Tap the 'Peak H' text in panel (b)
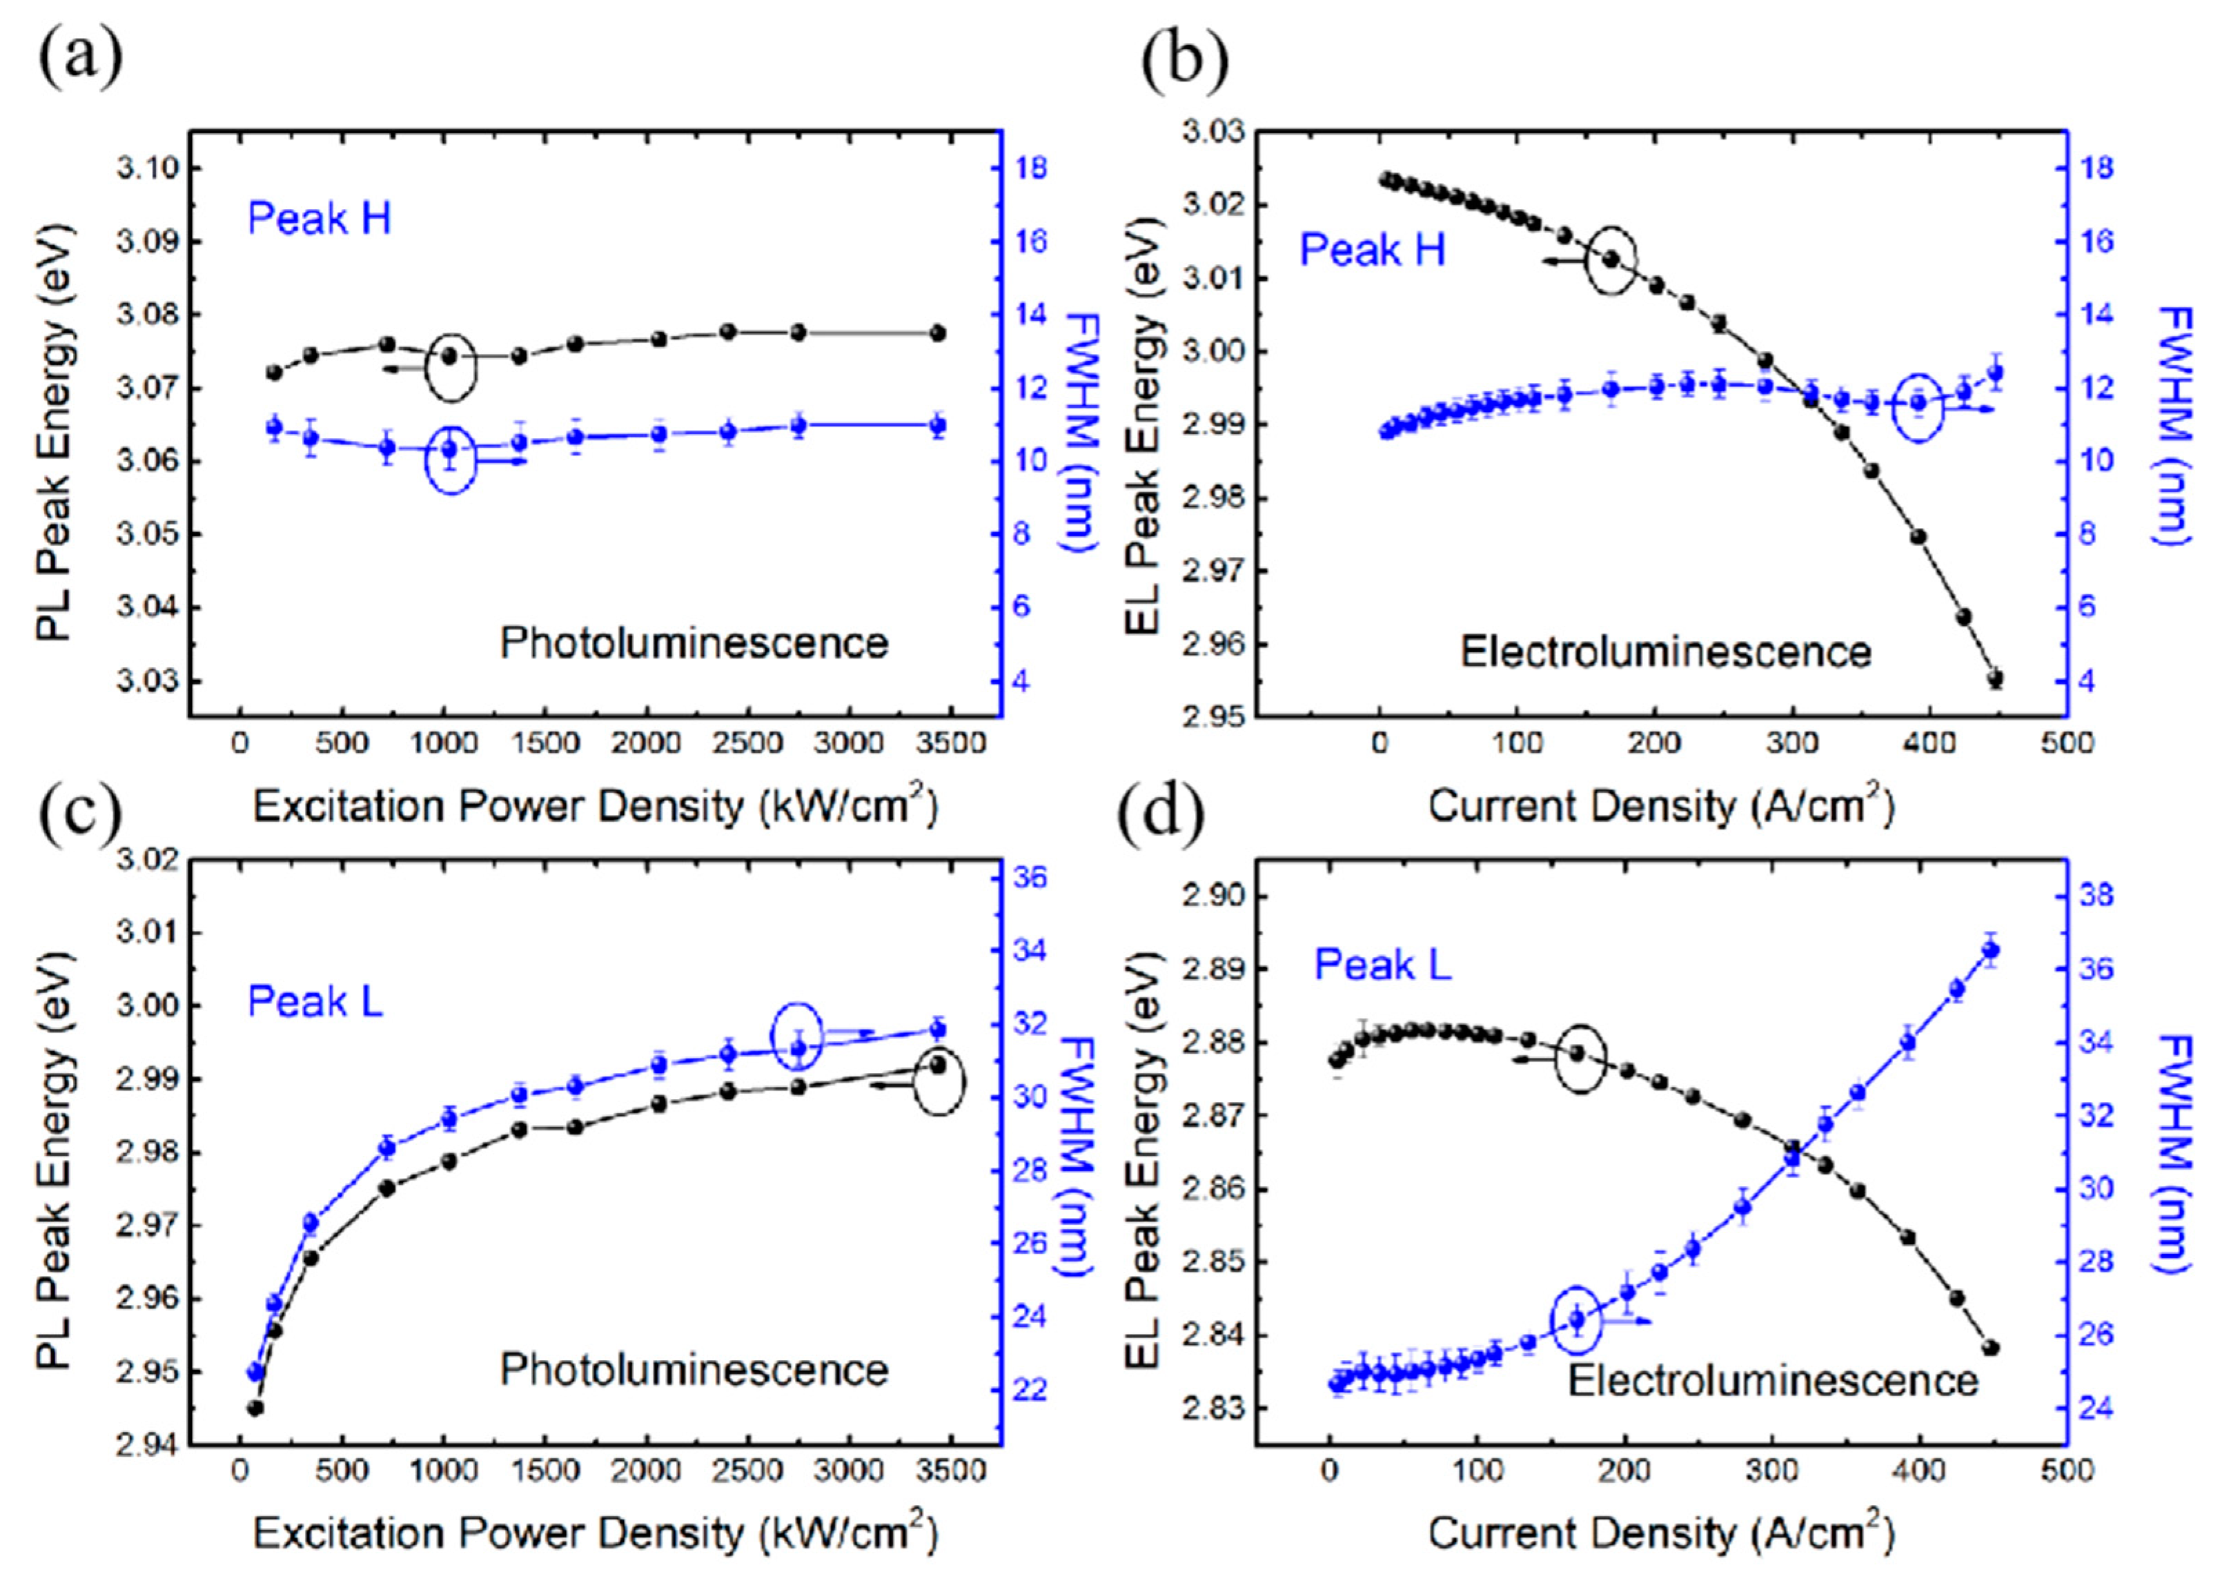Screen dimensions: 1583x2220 tap(1372, 250)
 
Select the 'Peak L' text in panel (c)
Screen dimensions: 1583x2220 tap(315, 1001)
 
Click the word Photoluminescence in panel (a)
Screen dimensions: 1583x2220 tap(694, 643)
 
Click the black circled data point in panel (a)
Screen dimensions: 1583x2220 tap(449, 357)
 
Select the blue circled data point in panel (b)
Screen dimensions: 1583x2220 tap(1918, 402)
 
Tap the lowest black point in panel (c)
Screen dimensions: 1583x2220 tap(255, 1408)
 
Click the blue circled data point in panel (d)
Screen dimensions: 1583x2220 tap(1576, 1320)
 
